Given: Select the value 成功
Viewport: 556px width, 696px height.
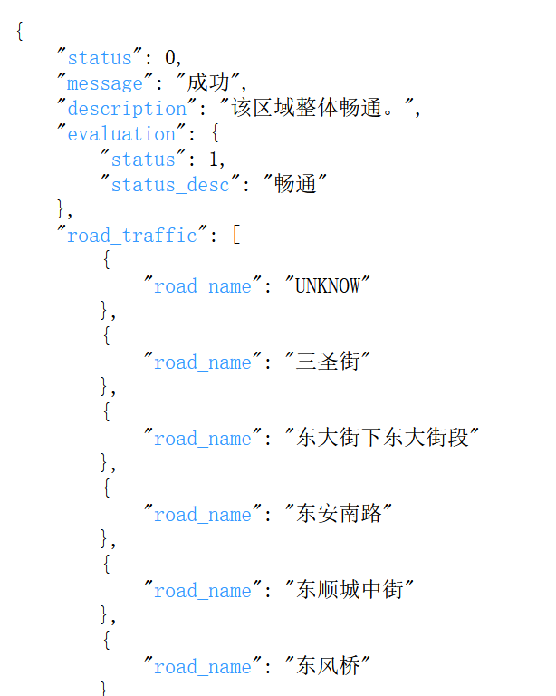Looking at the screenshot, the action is (208, 83).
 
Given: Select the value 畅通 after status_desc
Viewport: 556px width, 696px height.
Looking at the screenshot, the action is (294, 185).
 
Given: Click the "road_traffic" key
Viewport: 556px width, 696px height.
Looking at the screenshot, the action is (132, 236).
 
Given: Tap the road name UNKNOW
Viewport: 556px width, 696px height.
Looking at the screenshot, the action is (328, 286).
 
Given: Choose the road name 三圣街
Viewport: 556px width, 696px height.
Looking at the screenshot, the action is (328, 362).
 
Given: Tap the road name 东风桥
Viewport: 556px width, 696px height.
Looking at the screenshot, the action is (328, 667).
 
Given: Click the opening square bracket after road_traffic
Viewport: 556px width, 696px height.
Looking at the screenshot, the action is (235, 236).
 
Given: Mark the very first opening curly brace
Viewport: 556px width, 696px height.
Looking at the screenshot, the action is (20, 33).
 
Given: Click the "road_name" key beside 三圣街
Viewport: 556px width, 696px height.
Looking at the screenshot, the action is (203, 362).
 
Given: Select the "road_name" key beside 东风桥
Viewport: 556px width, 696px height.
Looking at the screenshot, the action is (203, 667).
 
